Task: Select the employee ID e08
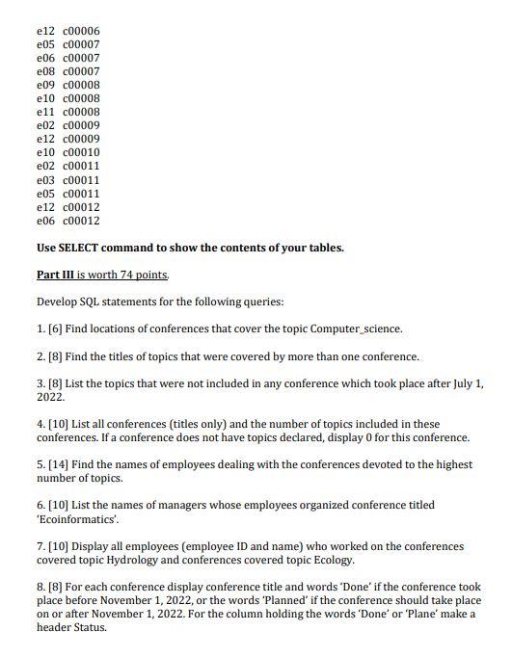45,71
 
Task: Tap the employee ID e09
45,85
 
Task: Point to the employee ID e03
45,180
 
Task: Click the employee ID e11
45,112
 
